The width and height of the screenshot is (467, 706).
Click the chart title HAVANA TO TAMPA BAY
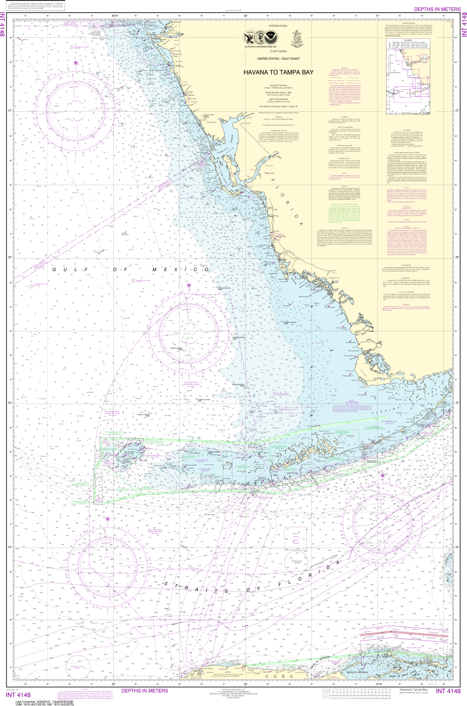click(278, 72)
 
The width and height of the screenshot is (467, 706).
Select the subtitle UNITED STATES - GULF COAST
click(278, 59)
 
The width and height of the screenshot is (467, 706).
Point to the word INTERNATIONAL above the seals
click(278, 25)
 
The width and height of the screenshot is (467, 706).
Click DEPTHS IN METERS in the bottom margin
click(145, 690)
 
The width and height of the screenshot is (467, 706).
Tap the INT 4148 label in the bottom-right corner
click(448, 691)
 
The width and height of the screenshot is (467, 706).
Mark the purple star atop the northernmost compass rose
click(76, 63)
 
